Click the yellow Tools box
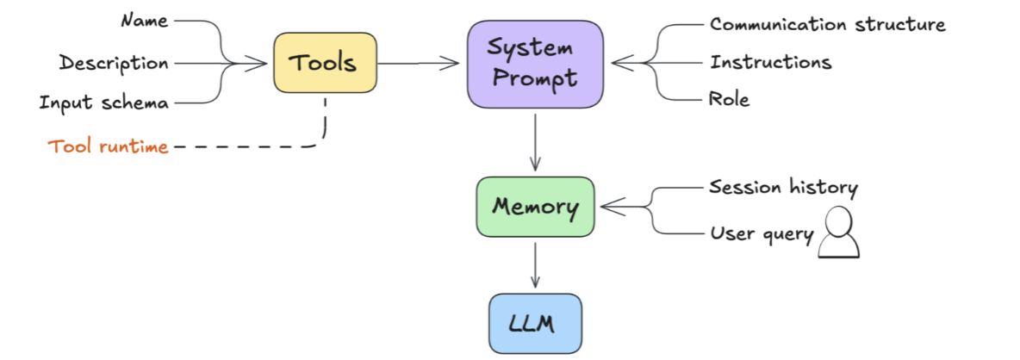[326, 63]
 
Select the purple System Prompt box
[535, 64]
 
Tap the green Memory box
[535, 207]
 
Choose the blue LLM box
[535, 324]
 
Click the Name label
[145, 21]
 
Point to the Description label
[114, 63]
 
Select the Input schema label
[104, 102]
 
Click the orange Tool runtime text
[108, 147]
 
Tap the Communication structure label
[827, 25]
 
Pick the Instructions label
[771, 62]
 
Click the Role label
[729, 100]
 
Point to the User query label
[762, 234]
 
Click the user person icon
[838, 232]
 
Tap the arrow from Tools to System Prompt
[419, 63]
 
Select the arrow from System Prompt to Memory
[535, 141]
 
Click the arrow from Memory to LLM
[535, 265]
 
